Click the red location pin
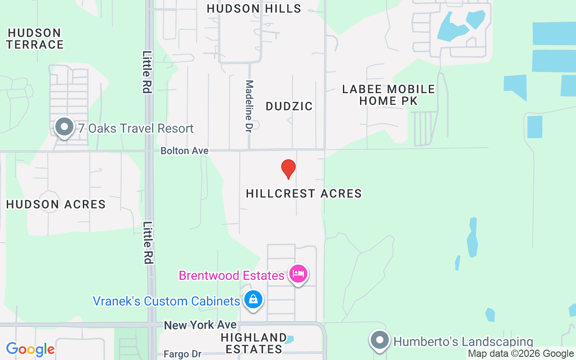click(288, 169)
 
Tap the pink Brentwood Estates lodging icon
click(298, 273)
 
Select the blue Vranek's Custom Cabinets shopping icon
click(253, 299)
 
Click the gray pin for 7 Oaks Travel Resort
click(64, 127)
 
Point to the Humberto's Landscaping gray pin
click(380, 340)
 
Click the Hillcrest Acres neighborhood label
click(304, 193)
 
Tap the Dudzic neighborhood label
click(289, 106)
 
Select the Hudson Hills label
click(254, 9)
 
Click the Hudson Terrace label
click(35, 39)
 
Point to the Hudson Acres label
click(56, 204)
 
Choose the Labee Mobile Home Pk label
click(388, 95)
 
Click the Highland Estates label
click(254, 343)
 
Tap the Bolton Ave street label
click(184, 151)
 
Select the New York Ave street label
click(200, 325)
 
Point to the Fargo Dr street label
click(182, 354)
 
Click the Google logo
click(30, 349)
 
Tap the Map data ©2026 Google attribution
click(521, 354)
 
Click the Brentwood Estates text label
click(232, 275)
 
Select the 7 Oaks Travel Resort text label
click(136, 128)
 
